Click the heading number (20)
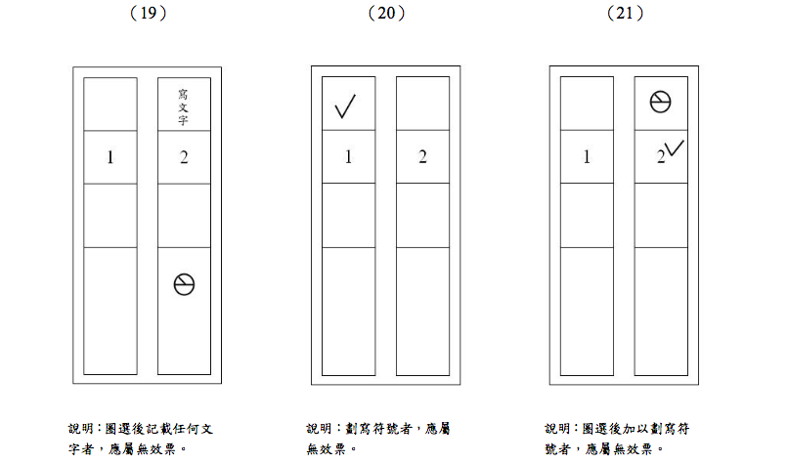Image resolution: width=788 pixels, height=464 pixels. pos(386,13)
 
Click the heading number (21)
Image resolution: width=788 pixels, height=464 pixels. pos(625,13)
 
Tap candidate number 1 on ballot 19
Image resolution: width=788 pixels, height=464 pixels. pos(110,157)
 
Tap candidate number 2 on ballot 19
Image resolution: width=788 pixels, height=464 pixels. pos(184,157)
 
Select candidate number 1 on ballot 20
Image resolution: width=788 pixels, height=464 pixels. pos(349,157)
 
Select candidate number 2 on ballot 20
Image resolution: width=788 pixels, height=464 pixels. pos(422,157)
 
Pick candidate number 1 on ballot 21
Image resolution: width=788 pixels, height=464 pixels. pos(587,157)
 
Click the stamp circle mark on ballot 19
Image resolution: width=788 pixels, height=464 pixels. pos(184,284)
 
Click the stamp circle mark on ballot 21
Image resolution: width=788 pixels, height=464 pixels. pos(660,102)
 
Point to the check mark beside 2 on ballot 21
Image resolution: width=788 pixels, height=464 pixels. pos(675,148)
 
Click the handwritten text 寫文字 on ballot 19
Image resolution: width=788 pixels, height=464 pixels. pos(183,108)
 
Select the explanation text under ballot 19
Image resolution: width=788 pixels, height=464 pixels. pos(141,439)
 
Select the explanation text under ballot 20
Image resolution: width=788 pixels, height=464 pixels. pos(379,439)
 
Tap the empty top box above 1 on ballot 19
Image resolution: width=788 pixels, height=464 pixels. pos(110,103)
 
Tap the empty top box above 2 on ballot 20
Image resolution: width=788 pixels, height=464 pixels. pos(422,103)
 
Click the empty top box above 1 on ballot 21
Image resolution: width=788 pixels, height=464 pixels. pos(587,103)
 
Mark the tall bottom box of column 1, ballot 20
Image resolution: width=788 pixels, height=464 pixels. pos(349,311)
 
